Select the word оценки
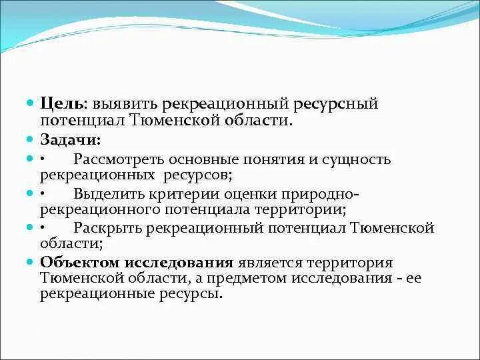[x=247, y=195]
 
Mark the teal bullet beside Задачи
[x=30, y=140]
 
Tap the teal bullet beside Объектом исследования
[x=30, y=263]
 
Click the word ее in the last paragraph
[x=413, y=278]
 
